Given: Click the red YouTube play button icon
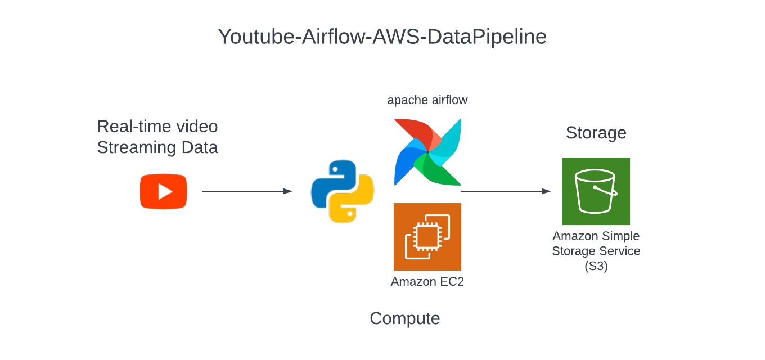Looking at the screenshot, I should point(163,192).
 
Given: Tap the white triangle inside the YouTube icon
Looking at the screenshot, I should point(165,192).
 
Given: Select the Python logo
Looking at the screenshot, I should point(343,191).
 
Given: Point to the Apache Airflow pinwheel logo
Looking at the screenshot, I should point(427,152).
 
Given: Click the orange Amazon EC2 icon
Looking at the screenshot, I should point(427,237).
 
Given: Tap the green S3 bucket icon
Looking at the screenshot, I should point(596,191).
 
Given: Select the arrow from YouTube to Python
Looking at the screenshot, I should point(247,192).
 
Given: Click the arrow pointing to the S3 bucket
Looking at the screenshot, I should point(506,192).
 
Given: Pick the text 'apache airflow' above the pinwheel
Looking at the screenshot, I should point(427,100).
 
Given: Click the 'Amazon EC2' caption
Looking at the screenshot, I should point(427,282).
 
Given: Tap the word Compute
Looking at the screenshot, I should point(404,318).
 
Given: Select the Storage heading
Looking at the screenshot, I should point(596,133).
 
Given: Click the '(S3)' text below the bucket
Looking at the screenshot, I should point(596,266).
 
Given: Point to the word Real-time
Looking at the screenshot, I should point(133,127).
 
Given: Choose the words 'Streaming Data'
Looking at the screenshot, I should point(157,147).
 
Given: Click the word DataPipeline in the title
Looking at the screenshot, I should point(487,37).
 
